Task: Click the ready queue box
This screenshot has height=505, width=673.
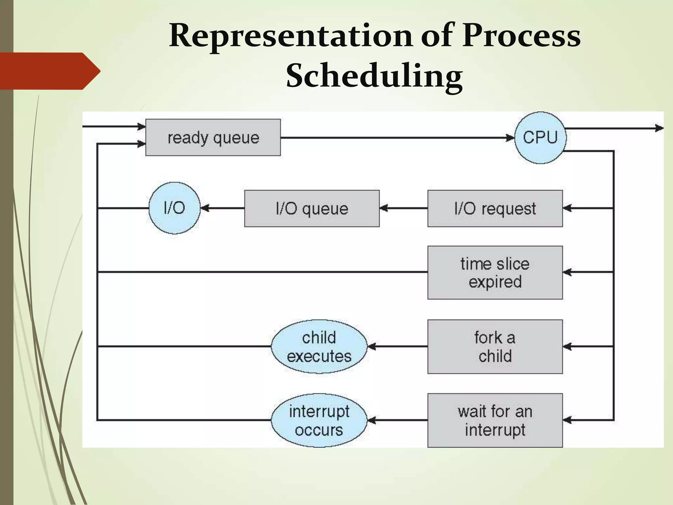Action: (213, 137)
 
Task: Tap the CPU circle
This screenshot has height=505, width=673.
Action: (540, 137)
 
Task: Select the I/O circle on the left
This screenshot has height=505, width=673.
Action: (174, 208)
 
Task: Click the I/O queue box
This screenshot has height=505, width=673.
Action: (312, 208)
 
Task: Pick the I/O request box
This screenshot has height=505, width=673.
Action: (495, 208)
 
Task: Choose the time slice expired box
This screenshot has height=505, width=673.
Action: (495, 273)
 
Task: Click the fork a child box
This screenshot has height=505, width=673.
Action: (495, 347)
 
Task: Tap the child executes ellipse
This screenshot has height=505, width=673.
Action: (319, 347)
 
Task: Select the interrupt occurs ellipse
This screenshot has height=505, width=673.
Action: (319, 420)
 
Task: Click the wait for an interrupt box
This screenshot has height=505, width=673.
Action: (495, 420)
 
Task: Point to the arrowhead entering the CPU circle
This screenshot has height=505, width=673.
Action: (510, 138)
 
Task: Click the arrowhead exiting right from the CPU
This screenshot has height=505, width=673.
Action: (659, 128)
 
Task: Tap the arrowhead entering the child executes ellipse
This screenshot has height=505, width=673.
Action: (372, 347)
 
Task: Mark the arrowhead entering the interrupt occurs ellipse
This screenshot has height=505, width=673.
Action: (372, 420)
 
